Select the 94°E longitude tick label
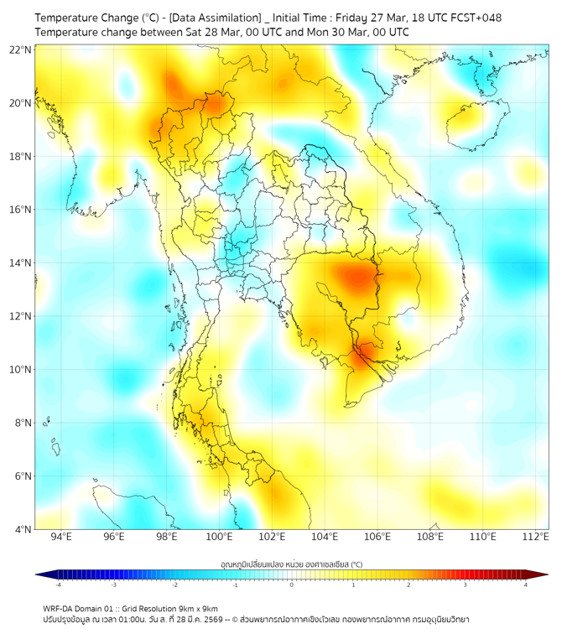pos(61,537)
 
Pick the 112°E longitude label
pos(535,537)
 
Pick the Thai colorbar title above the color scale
pos(291,564)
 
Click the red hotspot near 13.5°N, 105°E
pos(359,276)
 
